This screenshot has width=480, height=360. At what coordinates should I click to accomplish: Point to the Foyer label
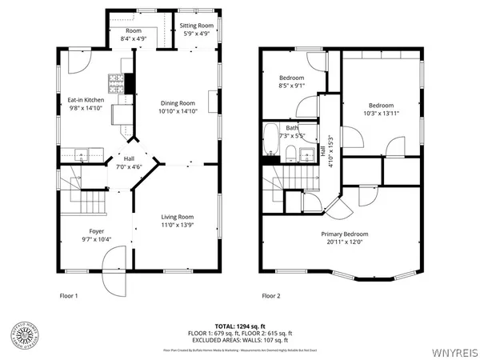pyautogui.click(x=97, y=231)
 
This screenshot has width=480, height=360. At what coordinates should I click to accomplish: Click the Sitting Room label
pyautogui.click(x=195, y=26)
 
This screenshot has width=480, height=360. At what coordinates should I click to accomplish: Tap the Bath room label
pyautogui.click(x=293, y=127)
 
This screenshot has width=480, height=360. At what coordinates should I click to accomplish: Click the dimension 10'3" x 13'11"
pyautogui.click(x=380, y=114)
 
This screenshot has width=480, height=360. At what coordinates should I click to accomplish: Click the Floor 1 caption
pyautogui.click(x=70, y=296)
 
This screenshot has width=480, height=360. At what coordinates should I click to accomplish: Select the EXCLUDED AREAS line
pyautogui.click(x=240, y=339)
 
